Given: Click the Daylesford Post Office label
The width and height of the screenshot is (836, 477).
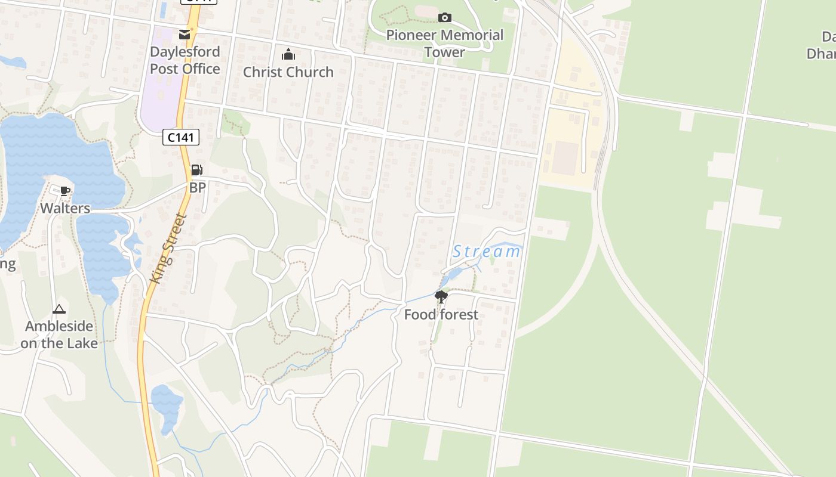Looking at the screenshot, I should pyautogui.click(x=185, y=60).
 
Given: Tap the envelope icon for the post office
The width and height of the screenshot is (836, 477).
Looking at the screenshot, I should pyautogui.click(x=185, y=35).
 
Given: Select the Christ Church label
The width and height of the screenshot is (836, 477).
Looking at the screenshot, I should pyautogui.click(x=288, y=72).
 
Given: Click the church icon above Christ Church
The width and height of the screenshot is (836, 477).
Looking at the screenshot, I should pyautogui.click(x=288, y=55).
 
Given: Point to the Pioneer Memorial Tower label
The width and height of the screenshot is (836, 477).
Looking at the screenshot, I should pyautogui.click(x=445, y=43).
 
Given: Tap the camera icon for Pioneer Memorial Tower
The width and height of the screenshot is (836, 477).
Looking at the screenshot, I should pyautogui.click(x=445, y=17).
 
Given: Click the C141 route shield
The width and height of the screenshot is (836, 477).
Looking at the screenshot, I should pyautogui.click(x=180, y=137).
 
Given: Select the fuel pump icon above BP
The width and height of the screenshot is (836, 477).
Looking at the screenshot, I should pyautogui.click(x=196, y=171).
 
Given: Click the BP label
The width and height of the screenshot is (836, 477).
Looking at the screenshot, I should pyautogui.click(x=198, y=187).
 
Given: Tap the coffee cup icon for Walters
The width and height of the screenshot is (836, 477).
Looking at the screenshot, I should pyautogui.click(x=65, y=191).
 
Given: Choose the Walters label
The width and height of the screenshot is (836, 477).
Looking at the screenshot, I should pyautogui.click(x=65, y=208).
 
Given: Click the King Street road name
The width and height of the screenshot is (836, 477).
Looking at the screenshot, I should pyautogui.click(x=169, y=248).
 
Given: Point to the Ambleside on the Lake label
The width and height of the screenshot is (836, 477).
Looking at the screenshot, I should pyautogui.click(x=59, y=334).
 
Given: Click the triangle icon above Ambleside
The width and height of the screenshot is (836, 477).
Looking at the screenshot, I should pyautogui.click(x=59, y=309).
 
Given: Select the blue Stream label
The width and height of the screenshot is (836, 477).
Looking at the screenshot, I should pyautogui.click(x=486, y=252).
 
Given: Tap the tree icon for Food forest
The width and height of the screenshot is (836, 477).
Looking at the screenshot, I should pyautogui.click(x=441, y=296).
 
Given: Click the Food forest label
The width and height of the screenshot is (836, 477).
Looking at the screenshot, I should pyautogui.click(x=441, y=314).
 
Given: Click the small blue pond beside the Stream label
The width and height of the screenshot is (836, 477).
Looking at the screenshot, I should pyautogui.click(x=454, y=274).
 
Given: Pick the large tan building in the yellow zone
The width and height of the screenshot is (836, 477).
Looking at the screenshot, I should pyautogui.click(x=565, y=158).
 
